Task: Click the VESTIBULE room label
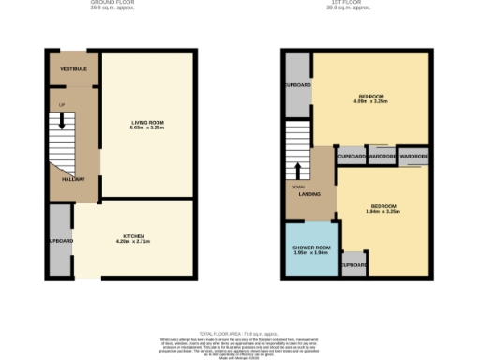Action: point(74,69)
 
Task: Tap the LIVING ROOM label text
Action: point(148,123)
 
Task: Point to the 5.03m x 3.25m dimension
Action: point(148,129)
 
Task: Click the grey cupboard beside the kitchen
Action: point(60,241)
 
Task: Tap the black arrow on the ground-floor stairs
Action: point(62,120)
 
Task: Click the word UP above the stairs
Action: point(62,104)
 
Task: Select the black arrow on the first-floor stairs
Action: point(298,170)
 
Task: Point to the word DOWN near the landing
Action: point(297,187)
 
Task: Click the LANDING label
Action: point(310,195)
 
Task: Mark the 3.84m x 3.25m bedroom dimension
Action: point(383,212)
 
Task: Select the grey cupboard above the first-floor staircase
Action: point(297,85)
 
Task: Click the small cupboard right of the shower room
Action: point(353,264)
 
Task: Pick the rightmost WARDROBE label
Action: point(413,156)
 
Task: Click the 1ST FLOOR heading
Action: point(343,3)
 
